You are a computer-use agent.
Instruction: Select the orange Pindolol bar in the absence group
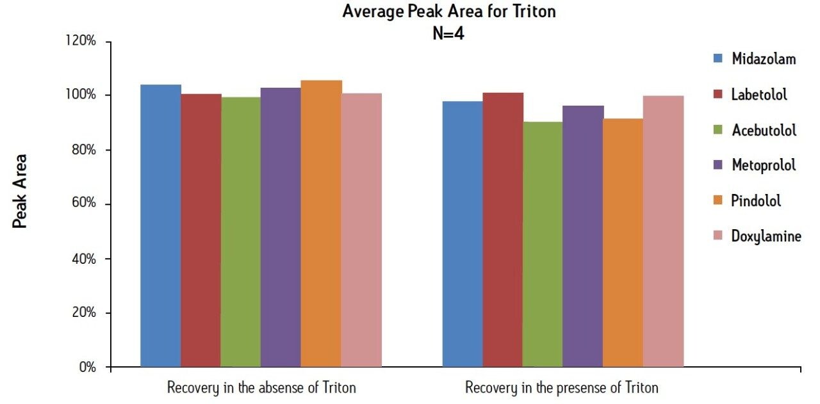point(321,224)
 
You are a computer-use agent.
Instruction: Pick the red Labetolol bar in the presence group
point(503,230)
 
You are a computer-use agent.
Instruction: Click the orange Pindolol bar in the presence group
point(623,243)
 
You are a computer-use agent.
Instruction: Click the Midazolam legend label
point(764,59)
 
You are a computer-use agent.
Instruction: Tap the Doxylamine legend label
point(766,236)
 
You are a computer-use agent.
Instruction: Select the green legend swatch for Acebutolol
point(718,130)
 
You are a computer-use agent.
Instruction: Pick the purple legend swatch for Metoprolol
point(718,165)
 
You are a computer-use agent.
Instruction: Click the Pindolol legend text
point(756,201)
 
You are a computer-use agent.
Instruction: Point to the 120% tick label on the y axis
point(81,42)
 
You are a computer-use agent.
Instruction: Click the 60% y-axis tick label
point(83,204)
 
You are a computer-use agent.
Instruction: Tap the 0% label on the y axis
point(87,368)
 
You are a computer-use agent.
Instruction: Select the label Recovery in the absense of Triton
point(261,388)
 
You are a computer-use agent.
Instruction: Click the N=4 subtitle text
point(448,34)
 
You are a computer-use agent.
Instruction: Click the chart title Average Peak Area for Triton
point(448,12)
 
